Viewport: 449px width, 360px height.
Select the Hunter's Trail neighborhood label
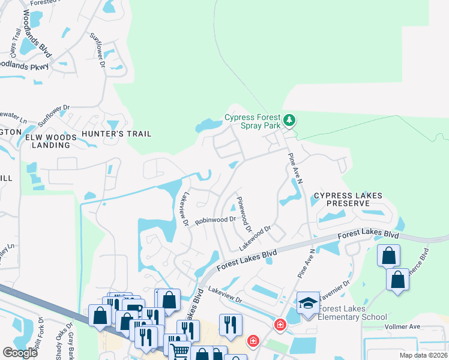tap(118, 134)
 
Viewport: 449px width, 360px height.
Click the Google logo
tap(20, 353)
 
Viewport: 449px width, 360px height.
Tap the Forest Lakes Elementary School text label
tap(352, 313)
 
